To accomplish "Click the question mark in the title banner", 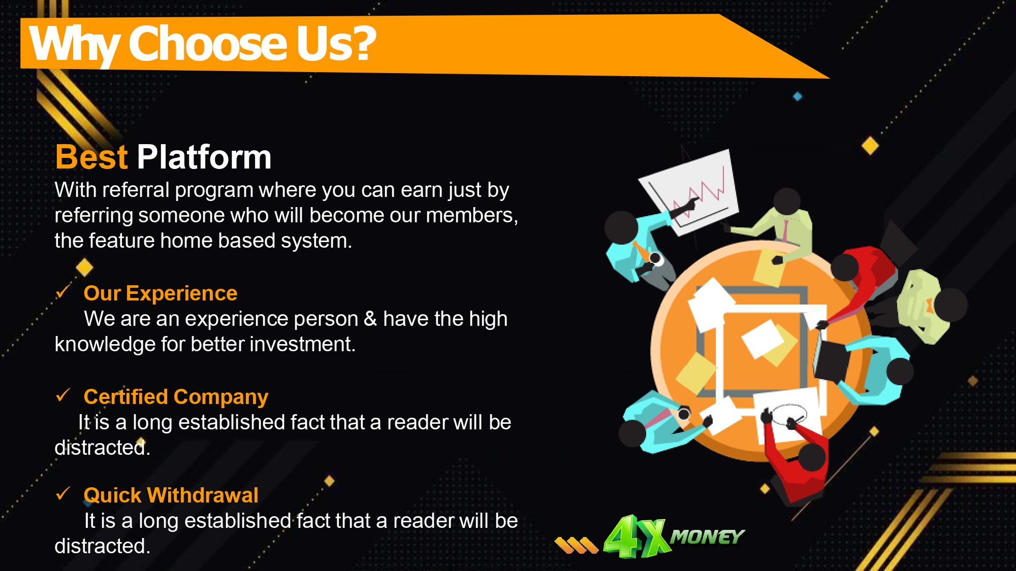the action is point(362,44).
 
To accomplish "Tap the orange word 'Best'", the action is point(91,157).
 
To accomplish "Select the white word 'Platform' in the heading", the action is point(204,157).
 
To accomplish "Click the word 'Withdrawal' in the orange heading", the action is point(203,495).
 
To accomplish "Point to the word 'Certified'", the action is point(125,396).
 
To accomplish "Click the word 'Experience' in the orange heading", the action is point(181,293).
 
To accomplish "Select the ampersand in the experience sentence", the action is point(370,319).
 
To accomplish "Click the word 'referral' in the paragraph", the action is point(136,190).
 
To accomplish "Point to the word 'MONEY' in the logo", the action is point(707,536).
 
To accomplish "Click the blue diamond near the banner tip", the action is point(798,96).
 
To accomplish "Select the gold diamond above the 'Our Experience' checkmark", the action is point(84,267).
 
